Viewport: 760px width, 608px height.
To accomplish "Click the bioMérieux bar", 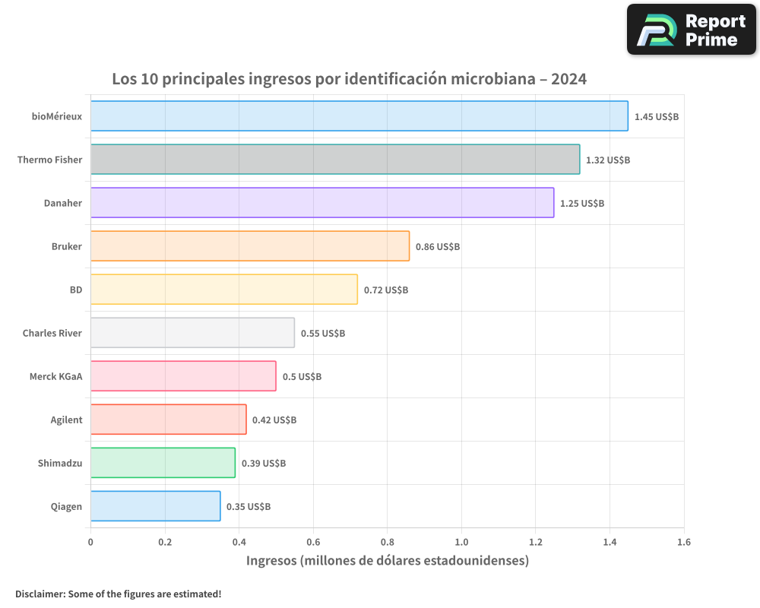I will click(359, 116).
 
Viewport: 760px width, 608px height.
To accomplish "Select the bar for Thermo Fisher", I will click(334, 160).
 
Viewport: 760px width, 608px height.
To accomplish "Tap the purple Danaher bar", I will click(321, 203).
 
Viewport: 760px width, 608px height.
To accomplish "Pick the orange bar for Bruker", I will click(249, 246).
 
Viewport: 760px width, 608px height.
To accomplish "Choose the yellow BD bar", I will click(223, 290).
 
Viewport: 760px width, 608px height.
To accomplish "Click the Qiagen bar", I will click(155, 506).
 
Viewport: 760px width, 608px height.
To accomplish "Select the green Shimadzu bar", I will click(163, 463).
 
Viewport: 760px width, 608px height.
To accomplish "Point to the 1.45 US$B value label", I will click(656, 117).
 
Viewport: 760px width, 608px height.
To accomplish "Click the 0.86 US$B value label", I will click(437, 247).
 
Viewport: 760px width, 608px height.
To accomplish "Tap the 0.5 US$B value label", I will click(302, 377).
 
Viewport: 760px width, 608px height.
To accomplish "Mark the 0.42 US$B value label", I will click(274, 420).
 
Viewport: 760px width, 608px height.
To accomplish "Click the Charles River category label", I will click(52, 333).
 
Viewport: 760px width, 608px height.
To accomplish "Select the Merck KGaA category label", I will click(55, 376).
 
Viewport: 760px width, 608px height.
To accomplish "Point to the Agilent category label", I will click(66, 420).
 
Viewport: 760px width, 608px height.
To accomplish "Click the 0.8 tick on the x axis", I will click(387, 543).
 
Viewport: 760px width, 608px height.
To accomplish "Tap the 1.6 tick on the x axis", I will click(683, 543).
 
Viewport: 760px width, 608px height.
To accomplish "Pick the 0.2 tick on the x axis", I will click(165, 543).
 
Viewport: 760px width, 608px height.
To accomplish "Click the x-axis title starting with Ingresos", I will click(387, 561).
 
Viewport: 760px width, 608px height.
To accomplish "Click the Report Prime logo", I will click(691, 30).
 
